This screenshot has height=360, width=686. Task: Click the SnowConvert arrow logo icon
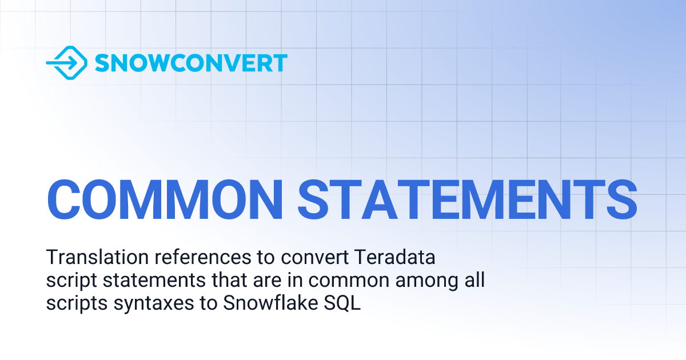pyautogui.click(x=66, y=63)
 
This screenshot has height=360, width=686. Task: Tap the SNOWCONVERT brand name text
pyautogui.click(x=191, y=63)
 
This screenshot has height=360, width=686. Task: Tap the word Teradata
pyautogui.click(x=395, y=258)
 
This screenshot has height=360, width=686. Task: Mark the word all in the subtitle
pyautogui.click(x=474, y=281)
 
